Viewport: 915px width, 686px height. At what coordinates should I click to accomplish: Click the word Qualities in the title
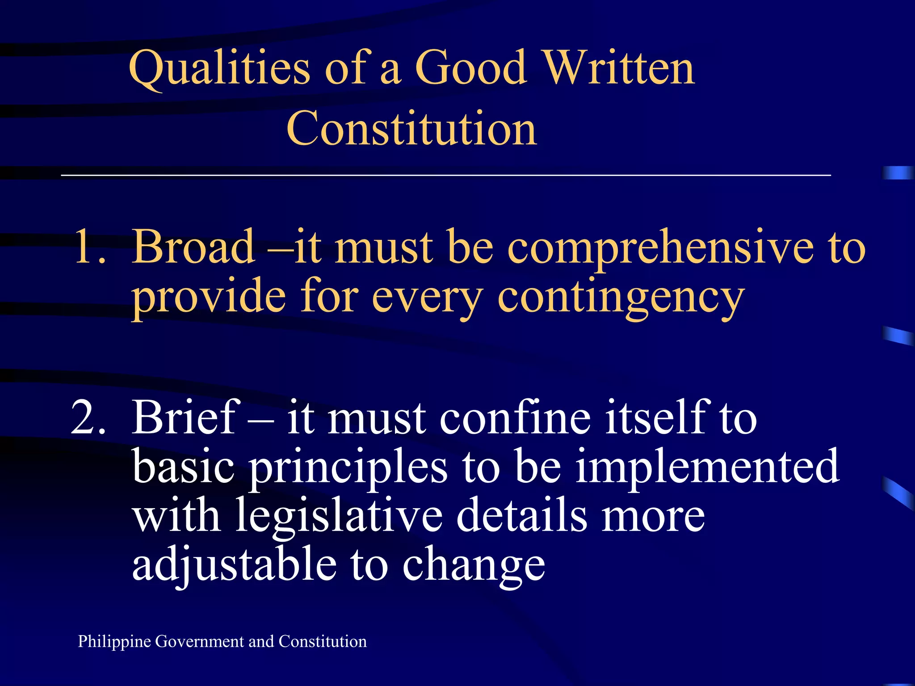219,68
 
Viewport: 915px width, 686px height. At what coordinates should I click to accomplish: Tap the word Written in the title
620,68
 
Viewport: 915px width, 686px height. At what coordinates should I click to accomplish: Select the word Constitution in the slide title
411,129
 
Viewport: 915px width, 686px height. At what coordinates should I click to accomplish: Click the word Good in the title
471,68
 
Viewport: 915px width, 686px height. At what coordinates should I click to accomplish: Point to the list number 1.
89,247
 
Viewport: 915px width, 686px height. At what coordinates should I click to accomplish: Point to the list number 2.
88,418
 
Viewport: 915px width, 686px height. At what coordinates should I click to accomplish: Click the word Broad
194,247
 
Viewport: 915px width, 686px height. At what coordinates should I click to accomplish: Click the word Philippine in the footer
114,642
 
